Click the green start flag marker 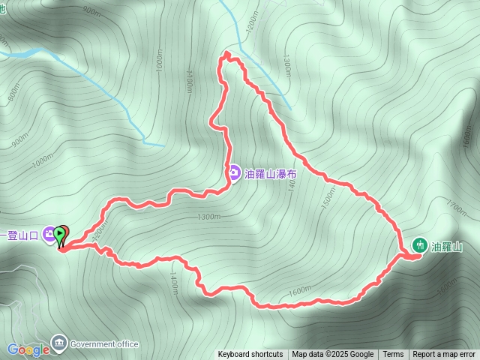(61, 234)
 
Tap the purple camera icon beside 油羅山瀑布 (234, 173)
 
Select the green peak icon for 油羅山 (421, 245)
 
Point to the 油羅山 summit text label (445, 246)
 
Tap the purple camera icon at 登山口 (49, 234)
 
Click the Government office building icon (58, 344)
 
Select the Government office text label (104, 344)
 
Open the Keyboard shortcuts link (250, 355)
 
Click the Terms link (393, 355)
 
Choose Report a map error (445, 355)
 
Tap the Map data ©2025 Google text (332, 355)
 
